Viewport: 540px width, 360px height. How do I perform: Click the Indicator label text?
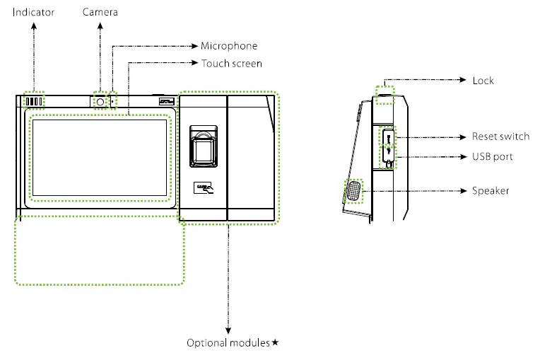(33, 12)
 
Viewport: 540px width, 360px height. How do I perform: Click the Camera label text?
(100, 12)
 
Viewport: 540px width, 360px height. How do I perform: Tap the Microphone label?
(229, 46)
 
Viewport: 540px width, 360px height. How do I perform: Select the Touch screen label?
(232, 64)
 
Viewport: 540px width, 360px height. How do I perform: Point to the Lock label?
(483, 81)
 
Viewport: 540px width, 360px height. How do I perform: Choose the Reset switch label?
(500, 137)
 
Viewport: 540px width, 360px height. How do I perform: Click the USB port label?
(493, 156)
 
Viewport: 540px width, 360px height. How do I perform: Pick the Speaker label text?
(491, 191)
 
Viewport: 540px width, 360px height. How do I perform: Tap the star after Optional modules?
(276, 343)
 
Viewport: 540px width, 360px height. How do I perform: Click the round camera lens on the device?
(100, 102)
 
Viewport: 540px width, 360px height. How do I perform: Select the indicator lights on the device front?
(34, 102)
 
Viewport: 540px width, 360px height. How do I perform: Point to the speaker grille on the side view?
(353, 191)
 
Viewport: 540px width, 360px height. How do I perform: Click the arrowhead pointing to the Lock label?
(463, 81)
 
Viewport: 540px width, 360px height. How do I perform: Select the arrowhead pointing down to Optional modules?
(228, 330)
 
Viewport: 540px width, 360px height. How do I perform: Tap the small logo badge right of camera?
(166, 102)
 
